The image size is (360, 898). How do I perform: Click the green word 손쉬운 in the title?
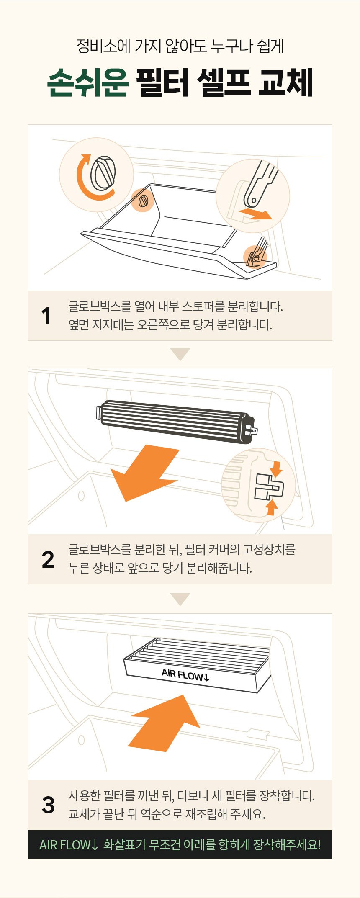click(87, 82)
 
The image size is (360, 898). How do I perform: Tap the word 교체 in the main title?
click(286, 82)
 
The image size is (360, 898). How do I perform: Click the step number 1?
click(46, 316)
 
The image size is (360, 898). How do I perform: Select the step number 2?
click(48, 559)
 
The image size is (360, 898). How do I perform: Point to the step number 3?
click(48, 805)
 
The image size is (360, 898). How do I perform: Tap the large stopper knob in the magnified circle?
click(103, 173)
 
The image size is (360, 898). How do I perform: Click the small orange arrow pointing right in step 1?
click(255, 214)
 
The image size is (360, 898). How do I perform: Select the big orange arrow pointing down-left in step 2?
click(144, 473)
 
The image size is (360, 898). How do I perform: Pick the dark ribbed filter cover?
click(176, 421)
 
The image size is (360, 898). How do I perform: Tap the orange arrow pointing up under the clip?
click(272, 507)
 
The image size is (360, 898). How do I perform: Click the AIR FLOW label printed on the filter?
click(185, 675)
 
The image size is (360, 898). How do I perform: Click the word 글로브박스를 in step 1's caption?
click(100, 306)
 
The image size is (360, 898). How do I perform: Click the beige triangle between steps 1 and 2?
click(180, 353)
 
